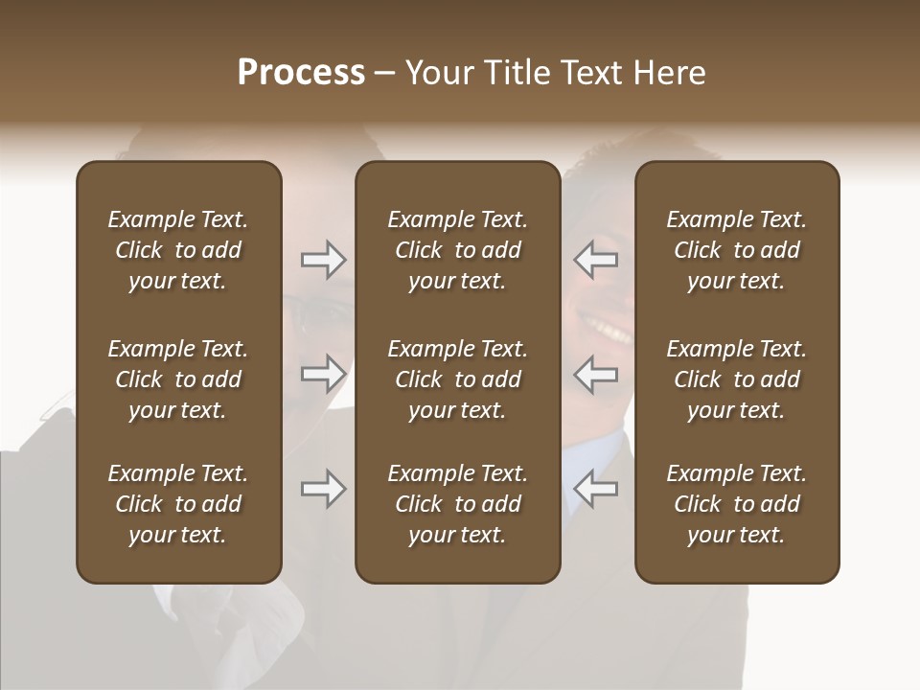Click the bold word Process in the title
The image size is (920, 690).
click(x=301, y=73)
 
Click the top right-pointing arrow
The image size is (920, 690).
click(x=323, y=259)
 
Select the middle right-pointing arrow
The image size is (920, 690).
click(x=323, y=374)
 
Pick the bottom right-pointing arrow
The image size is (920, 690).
click(x=323, y=489)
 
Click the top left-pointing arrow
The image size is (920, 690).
click(x=596, y=259)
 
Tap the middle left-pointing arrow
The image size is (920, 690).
click(x=596, y=374)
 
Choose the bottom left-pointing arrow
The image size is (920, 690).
click(x=596, y=489)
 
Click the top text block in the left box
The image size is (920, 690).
click(x=178, y=250)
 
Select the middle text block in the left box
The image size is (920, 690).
click(x=178, y=379)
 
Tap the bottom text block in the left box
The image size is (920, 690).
click(x=178, y=504)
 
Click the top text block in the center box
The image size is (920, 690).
click(x=457, y=250)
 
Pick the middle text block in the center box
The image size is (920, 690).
click(x=457, y=379)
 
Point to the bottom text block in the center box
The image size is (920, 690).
click(x=457, y=504)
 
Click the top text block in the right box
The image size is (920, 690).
click(x=736, y=250)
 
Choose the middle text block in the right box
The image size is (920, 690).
click(x=736, y=379)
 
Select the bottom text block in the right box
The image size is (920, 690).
click(x=736, y=504)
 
